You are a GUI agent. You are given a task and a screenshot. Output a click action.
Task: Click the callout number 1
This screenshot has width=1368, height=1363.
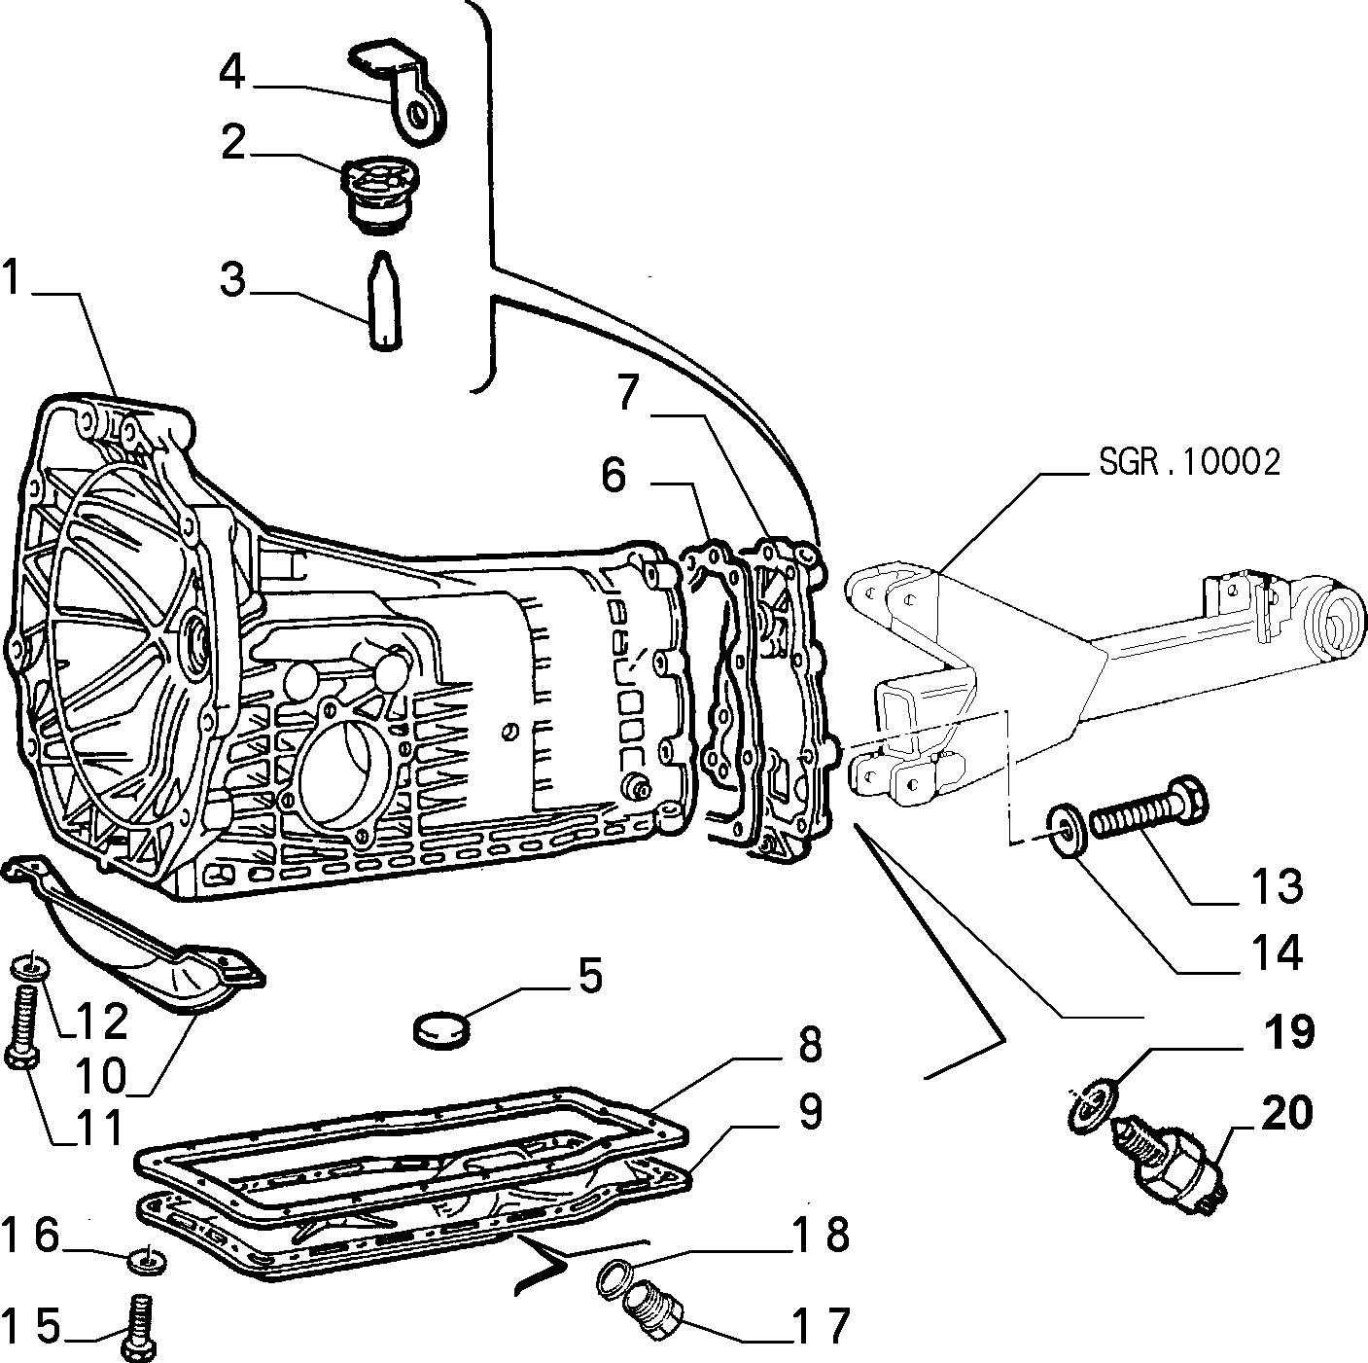(13, 279)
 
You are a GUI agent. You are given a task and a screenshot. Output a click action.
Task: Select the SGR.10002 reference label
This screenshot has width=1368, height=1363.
(1189, 461)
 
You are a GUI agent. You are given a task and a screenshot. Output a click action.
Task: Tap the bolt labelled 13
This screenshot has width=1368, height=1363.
(1147, 814)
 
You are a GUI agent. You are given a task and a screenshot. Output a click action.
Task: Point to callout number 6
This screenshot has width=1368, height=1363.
(614, 476)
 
